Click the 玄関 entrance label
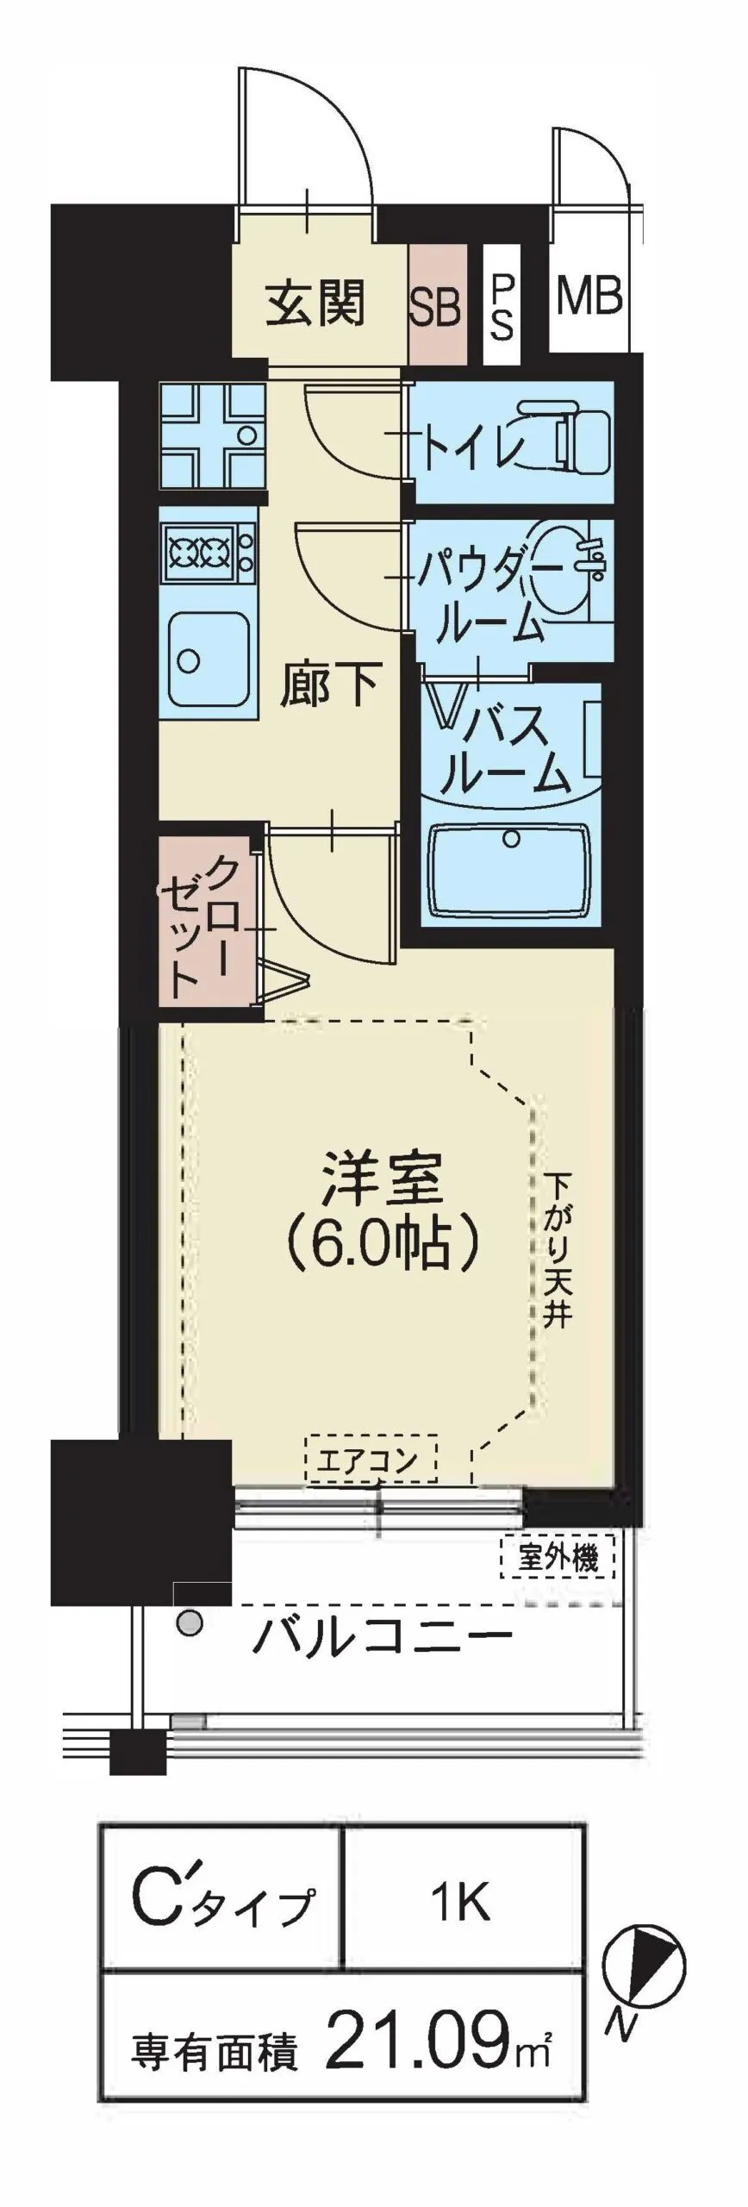pos(315,303)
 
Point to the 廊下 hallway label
pos(330,687)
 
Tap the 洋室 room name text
pos(382,1179)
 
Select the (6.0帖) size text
pos(382,1247)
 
